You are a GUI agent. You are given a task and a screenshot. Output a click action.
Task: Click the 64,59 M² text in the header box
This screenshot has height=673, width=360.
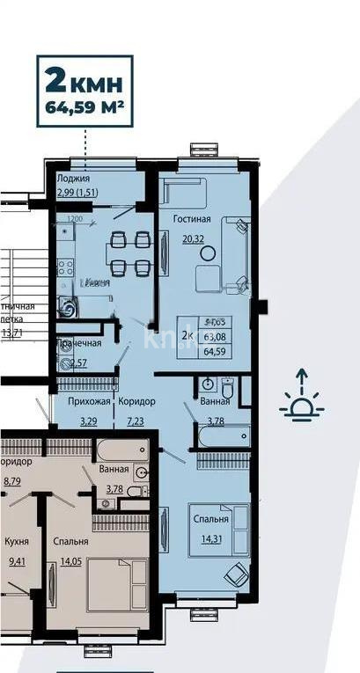[x=84, y=111]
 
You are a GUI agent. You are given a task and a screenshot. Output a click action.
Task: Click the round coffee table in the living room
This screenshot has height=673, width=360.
[x=209, y=252]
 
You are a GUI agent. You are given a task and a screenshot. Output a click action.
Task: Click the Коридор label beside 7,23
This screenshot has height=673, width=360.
[x=137, y=401]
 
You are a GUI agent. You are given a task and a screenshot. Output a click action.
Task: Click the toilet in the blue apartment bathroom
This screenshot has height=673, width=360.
[x=226, y=388]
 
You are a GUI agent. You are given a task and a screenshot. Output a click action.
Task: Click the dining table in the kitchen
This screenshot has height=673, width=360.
[x=129, y=252]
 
